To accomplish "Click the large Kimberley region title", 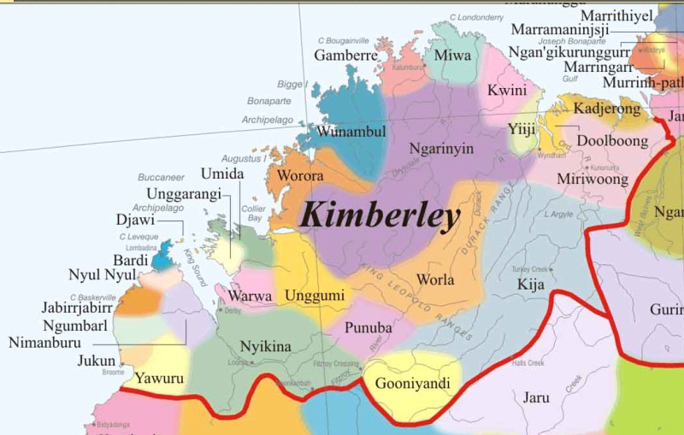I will pyautogui.click(x=380, y=216).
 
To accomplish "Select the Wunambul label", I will pyautogui.click(x=351, y=132).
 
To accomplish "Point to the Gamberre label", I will pyautogui.click(x=345, y=55).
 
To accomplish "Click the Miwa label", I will pyautogui.click(x=453, y=56).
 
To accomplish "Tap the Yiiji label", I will pyautogui.click(x=522, y=130).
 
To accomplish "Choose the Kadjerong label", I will pyautogui.click(x=606, y=109).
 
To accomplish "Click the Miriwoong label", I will pyautogui.click(x=593, y=179).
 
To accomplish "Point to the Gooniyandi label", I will pyautogui.click(x=413, y=383).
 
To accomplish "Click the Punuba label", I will pyautogui.click(x=368, y=327).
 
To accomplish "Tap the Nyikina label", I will pyautogui.click(x=266, y=346).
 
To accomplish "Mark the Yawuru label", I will pyautogui.click(x=160, y=377).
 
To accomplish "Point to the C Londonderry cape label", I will pyautogui.click(x=492, y=17).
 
